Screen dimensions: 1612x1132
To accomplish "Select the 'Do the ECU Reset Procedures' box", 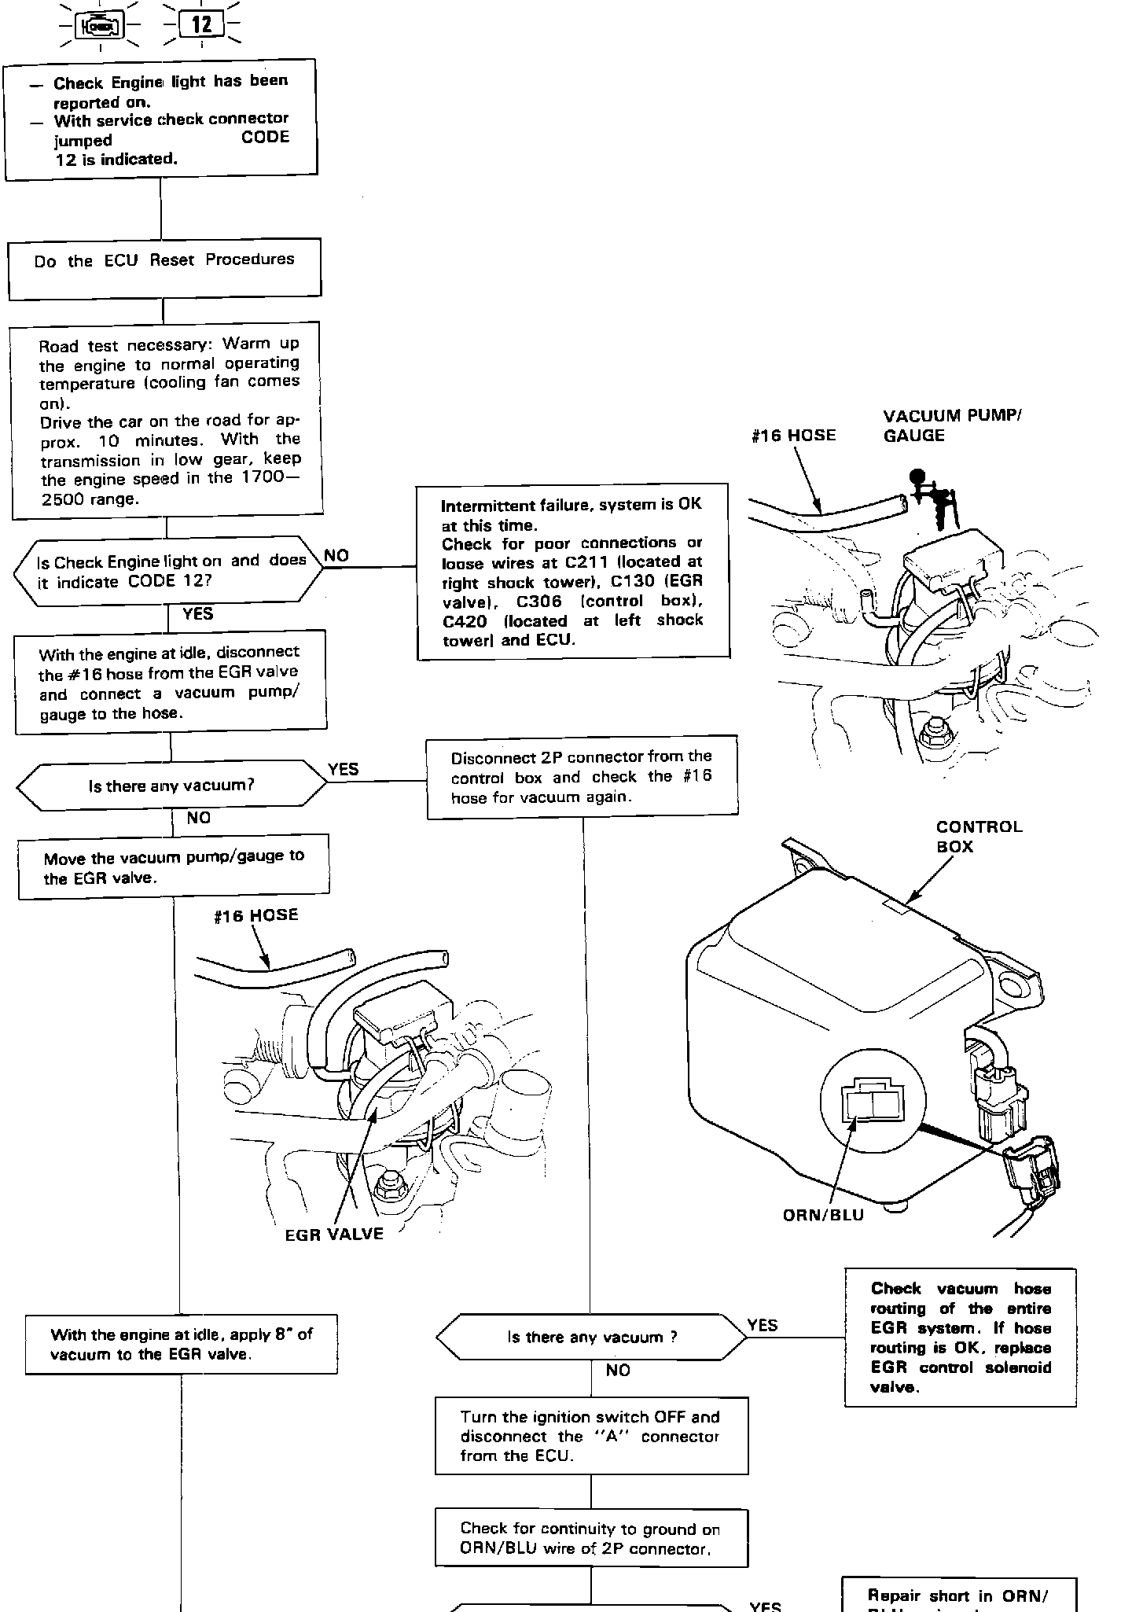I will pyautogui.click(x=164, y=268).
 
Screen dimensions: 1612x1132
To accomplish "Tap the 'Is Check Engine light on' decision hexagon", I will pyautogui.click(x=168, y=572).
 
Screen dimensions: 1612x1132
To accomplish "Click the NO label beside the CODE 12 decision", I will pyautogui.click(x=336, y=555).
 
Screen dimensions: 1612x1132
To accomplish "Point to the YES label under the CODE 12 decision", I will pyautogui.click(x=197, y=613).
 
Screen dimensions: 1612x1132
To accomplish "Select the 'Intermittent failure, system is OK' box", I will pyautogui.click(x=572, y=572).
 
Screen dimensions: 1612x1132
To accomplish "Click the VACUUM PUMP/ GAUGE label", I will pyautogui.click(x=951, y=425).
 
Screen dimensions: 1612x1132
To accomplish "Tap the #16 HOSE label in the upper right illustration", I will pyautogui.click(x=793, y=435).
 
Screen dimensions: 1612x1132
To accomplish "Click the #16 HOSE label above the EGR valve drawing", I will pyautogui.click(x=256, y=915).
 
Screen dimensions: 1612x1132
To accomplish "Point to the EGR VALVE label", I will pyautogui.click(x=334, y=1234).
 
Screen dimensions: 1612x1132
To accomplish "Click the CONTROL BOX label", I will pyautogui.click(x=979, y=836).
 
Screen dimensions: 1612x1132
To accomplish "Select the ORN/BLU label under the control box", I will pyautogui.click(x=823, y=1215).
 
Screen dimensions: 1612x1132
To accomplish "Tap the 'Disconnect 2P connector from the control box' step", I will pyautogui.click(x=582, y=777).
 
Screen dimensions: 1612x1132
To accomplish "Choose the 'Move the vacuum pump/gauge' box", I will pyautogui.click(x=174, y=867).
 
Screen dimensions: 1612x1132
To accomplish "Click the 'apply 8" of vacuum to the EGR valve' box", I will pyautogui.click(x=182, y=1344).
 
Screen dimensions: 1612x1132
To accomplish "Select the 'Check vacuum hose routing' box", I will pyautogui.click(x=960, y=1337).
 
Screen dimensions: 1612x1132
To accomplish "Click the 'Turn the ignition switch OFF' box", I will pyautogui.click(x=591, y=1436).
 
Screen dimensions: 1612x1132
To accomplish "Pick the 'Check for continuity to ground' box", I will pyautogui.click(x=591, y=1538).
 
